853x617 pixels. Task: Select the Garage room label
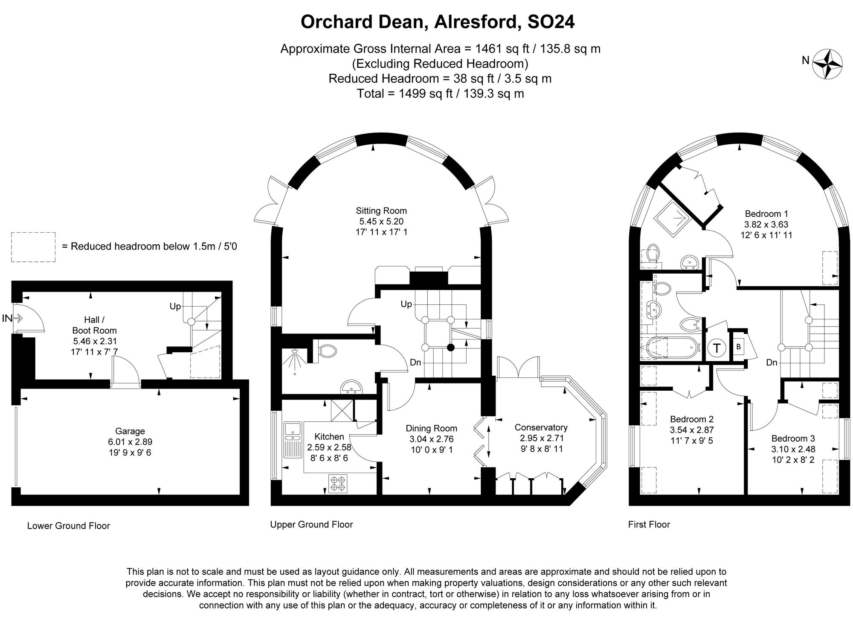[x=130, y=431]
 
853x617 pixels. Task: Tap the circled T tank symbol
[x=717, y=348]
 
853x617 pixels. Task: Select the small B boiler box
[x=739, y=347]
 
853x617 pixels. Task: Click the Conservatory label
[x=541, y=427]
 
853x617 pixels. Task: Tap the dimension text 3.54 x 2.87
[x=691, y=430]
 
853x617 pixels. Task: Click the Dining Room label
[x=431, y=428]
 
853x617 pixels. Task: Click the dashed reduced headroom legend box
[x=33, y=247]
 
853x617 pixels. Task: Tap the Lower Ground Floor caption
[x=68, y=526]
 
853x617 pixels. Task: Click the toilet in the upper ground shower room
[x=328, y=351]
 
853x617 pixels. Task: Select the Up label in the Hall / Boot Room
[x=175, y=306]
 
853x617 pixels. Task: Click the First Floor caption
[x=649, y=524]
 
